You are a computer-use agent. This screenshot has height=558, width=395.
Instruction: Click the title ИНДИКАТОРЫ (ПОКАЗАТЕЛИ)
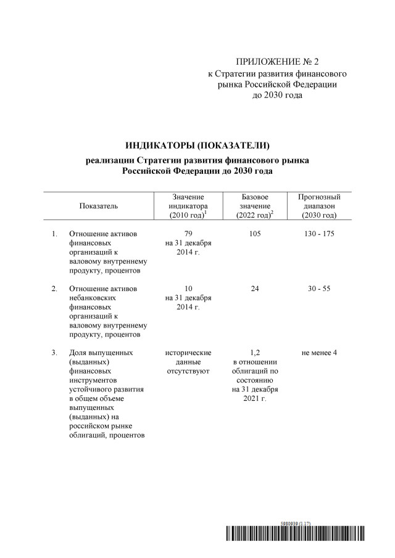[198, 146]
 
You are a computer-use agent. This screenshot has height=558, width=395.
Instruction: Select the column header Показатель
[99, 206]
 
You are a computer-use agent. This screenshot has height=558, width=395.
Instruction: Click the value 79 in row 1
[189, 234]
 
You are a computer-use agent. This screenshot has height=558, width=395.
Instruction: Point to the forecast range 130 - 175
[319, 234]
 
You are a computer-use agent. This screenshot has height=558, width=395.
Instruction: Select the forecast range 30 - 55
[319, 288]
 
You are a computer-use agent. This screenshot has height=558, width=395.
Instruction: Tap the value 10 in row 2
[189, 288]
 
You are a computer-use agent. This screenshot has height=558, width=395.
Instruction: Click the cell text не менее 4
[319, 352]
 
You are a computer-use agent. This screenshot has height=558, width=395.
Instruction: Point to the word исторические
[189, 352]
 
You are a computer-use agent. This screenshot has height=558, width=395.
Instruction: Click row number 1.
[54, 234]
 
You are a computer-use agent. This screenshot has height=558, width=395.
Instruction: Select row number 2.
[54, 288]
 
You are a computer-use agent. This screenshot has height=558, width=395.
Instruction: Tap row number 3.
[54, 352]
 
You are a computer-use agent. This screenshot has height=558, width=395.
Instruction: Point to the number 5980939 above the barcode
[289, 523]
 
